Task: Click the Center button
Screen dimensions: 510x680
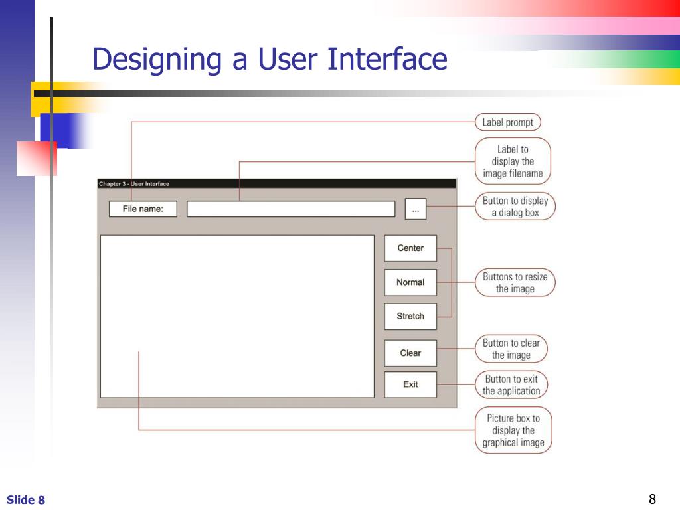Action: point(410,248)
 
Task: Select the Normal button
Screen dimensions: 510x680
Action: point(410,282)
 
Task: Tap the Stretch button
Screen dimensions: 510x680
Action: point(410,316)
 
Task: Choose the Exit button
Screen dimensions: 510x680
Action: point(410,384)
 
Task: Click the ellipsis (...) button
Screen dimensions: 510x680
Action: point(416,209)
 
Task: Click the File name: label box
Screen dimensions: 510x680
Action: point(143,209)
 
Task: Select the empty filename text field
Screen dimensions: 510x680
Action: point(291,209)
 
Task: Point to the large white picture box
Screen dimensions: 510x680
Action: point(237,316)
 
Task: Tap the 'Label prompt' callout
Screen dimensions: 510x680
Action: point(508,122)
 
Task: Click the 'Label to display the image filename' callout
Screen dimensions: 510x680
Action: point(513,161)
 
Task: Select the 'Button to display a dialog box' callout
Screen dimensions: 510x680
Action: point(515,207)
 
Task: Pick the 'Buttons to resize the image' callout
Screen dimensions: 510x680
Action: point(515,282)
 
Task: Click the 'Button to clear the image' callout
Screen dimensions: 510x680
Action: point(511,349)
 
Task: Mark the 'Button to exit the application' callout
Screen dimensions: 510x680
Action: point(511,385)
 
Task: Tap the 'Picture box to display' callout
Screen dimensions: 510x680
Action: point(513,430)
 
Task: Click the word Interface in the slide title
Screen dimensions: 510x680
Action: point(387,59)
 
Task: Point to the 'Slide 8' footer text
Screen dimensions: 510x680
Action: point(26,500)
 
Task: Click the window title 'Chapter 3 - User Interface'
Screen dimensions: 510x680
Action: point(134,184)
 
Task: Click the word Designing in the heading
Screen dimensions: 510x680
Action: point(157,60)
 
